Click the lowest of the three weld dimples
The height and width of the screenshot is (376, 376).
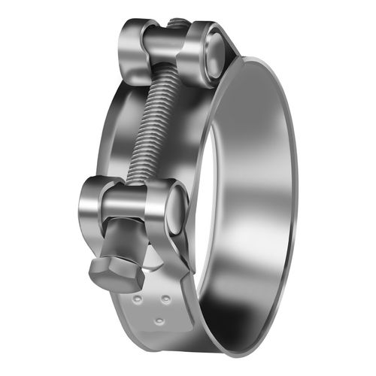tap(160, 322)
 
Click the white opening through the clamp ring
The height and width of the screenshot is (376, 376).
tap(241, 196)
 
